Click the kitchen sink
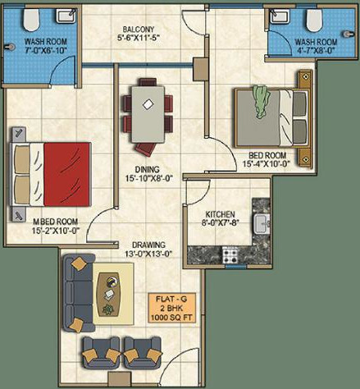pyautogui.click(x=263, y=224)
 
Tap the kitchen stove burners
pyautogui.click(x=230, y=257)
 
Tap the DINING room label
pyautogui.click(x=148, y=169)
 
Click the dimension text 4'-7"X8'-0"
pyautogui.click(x=316, y=51)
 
